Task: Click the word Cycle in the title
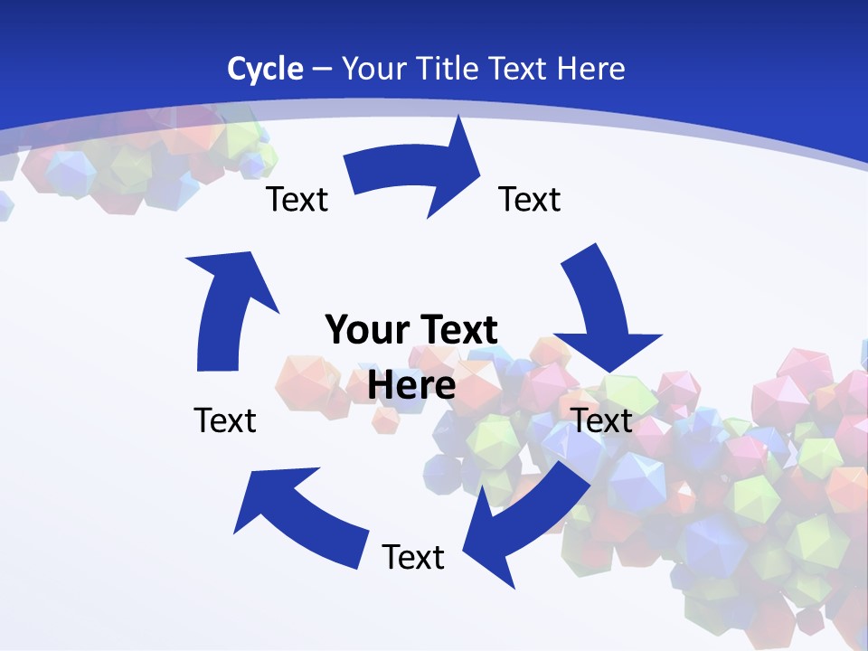click(265, 69)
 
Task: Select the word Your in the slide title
click(373, 69)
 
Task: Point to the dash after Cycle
click(322, 70)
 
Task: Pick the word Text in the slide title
click(519, 69)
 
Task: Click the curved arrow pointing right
click(416, 172)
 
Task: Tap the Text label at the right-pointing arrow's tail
click(297, 199)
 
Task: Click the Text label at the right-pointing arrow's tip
click(530, 199)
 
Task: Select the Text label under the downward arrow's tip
click(602, 420)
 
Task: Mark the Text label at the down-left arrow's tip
click(413, 557)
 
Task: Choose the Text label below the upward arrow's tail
click(225, 420)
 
